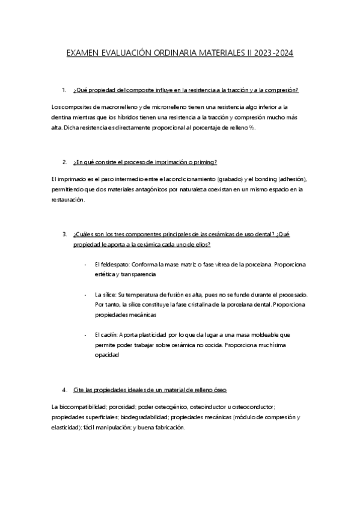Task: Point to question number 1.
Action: [64, 90]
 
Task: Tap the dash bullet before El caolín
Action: [87, 334]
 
